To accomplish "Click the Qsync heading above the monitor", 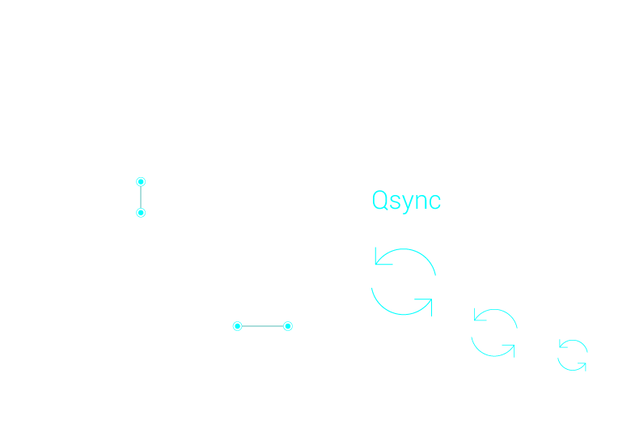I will tap(406, 201).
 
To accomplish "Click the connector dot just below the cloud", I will tap(141, 181).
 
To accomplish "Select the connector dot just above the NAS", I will tap(141, 213).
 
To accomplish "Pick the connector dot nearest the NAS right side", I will tap(238, 326).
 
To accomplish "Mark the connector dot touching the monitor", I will tap(287, 326).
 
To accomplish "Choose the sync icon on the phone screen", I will tap(573, 354).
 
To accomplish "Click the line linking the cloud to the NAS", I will tap(141, 197).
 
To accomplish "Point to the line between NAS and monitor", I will tap(262, 326).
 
